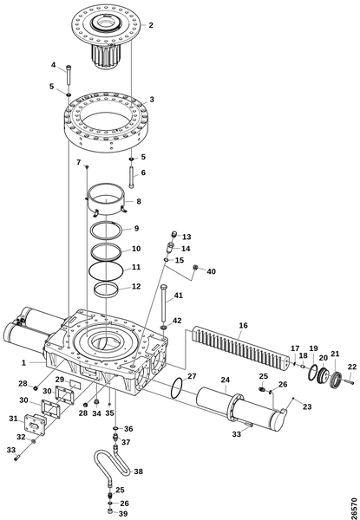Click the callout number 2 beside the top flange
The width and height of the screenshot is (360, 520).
click(151, 25)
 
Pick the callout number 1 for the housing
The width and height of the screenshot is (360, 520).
click(23, 363)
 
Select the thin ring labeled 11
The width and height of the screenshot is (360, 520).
click(106, 270)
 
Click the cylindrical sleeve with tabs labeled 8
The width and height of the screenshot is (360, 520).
click(106, 200)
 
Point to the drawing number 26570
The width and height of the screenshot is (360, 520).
click(354, 507)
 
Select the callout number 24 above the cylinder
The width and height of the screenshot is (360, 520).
click(226, 380)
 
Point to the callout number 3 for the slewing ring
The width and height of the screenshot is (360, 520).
click(152, 100)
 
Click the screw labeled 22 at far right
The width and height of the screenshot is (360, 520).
click(350, 382)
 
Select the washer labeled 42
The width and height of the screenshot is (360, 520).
click(163, 328)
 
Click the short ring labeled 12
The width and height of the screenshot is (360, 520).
click(106, 290)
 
